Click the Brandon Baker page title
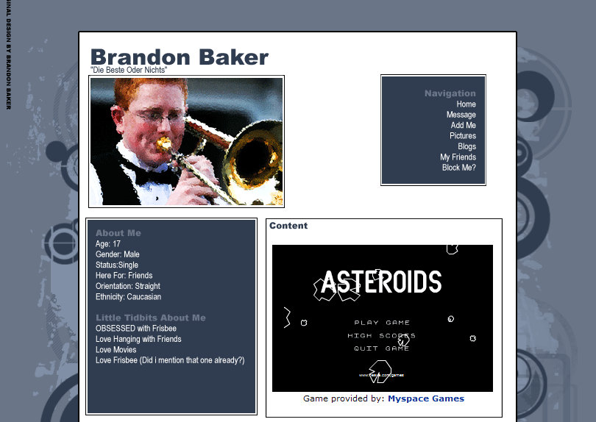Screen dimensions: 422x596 point(179,57)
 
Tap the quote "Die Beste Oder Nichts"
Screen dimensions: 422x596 point(129,70)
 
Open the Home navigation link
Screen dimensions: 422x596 point(466,104)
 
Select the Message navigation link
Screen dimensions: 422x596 point(461,115)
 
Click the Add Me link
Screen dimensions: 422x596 point(464,126)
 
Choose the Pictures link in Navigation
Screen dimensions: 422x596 point(463,136)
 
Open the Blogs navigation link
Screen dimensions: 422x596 point(466,146)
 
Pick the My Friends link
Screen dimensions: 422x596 point(458,157)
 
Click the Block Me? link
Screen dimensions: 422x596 point(458,168)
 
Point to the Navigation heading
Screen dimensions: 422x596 point(450,93)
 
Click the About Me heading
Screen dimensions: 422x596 point(118,233)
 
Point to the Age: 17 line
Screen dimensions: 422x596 point(108,244)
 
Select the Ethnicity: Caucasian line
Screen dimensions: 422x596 point(128,297)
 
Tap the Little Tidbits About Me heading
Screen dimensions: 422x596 point(151,318)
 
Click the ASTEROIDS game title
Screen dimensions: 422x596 point(381,282)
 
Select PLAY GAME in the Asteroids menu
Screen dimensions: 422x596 point(382,323)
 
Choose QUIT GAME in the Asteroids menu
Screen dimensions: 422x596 point(382,348)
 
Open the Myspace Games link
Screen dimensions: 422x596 point(426,398)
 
